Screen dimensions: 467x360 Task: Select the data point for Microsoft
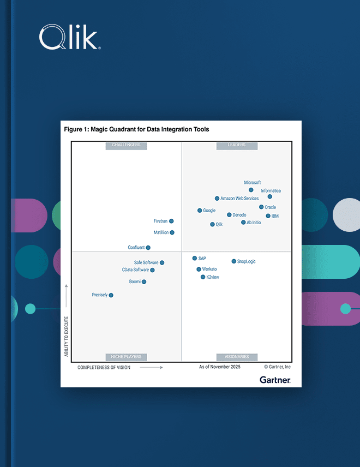(251, 190)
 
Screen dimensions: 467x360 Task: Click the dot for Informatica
(269, 196)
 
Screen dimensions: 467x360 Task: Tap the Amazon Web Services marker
(217, 199)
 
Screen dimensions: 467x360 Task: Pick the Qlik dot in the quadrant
(212, 224)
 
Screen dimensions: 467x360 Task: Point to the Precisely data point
(111, 295)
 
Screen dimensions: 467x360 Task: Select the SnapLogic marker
(233, 261)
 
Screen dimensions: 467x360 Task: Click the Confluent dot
(148, 248)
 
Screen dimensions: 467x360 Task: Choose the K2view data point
(203, 277)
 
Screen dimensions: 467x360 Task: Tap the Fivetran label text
(160, 221)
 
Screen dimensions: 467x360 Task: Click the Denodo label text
(239, 215)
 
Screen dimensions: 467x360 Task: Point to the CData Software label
(135, 270)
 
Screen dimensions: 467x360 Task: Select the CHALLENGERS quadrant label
(126, 145)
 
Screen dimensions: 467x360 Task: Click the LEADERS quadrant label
(237, 145)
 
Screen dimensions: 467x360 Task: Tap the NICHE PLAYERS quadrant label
(126, 357)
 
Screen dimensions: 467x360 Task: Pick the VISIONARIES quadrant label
(237, 357)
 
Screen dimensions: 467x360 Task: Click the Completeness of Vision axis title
(104, 367)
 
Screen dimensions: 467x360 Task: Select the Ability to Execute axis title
(67, 337)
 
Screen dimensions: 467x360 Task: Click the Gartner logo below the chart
(275, 379)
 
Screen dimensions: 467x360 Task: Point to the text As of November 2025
(219, 367)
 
